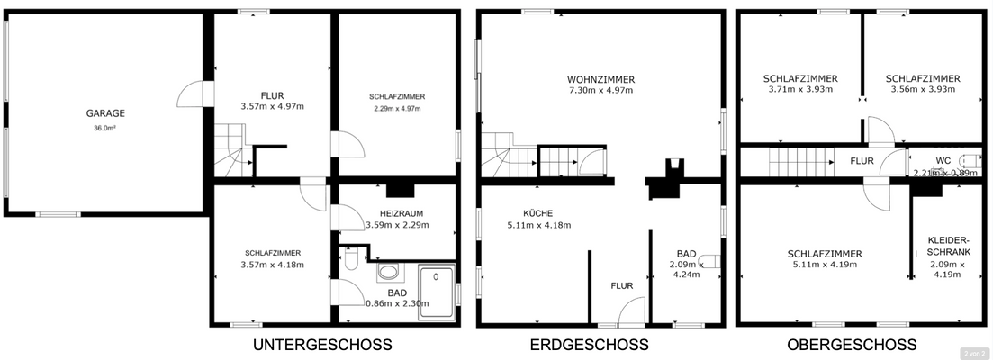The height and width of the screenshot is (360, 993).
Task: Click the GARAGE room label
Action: [x=105, y=114]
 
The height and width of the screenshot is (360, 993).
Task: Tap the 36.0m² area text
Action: [x=105, y=128]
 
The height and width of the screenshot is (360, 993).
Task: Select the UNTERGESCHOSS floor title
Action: [x=322, y=345]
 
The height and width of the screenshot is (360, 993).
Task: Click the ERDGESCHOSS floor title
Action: [x=590, y=345]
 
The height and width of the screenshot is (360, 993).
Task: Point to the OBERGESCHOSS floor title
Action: [x=851, y=345]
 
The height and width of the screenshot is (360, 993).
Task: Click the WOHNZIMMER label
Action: [x=600, y=78]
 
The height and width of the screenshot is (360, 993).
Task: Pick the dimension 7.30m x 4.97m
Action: [x=600, y=90]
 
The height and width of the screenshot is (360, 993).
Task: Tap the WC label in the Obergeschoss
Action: [x=943, y=161]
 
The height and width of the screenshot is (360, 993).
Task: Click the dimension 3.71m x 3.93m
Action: [x=800, y=90]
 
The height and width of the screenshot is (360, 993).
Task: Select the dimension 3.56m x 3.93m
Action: [x=922, y=90]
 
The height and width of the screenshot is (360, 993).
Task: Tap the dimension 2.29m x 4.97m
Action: [x=396, y=108]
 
